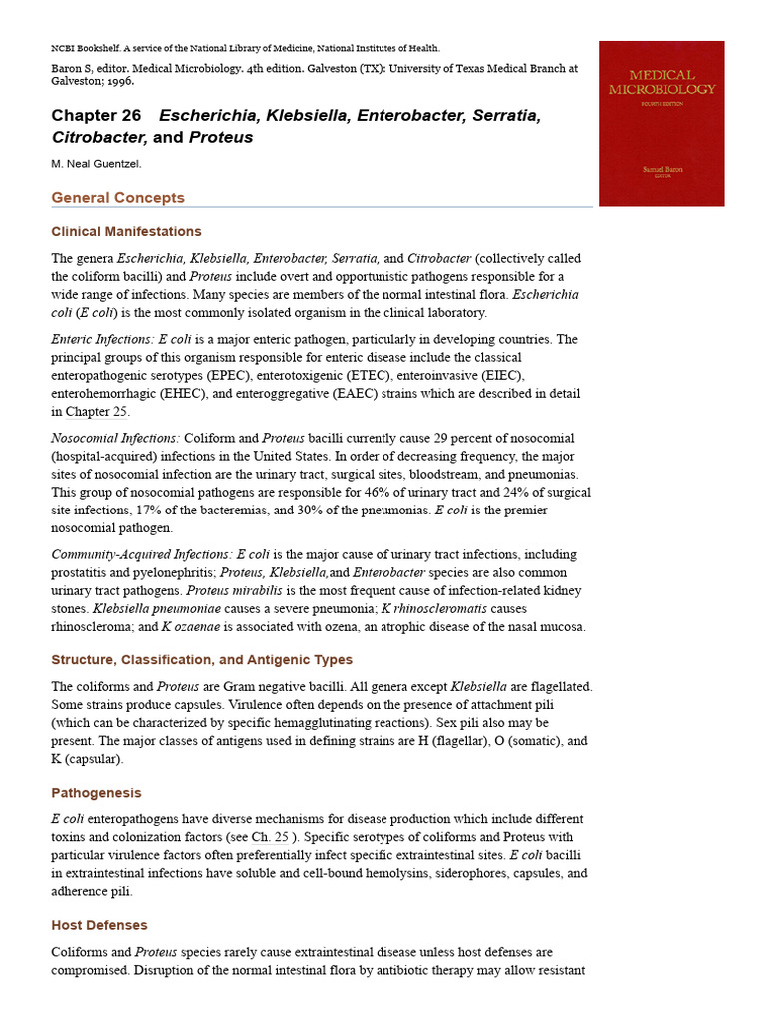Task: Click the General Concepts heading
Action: pyautogui.click(x=118, y=198)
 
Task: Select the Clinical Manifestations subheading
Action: pyautogui.click(x=126, y=232)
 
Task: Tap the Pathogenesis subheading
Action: pyautogui.click(x=96, y=793)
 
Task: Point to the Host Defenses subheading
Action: pyautogui.click(x=99, y=926)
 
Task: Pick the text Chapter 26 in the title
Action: pyautogui.click(x=96, y=116)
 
